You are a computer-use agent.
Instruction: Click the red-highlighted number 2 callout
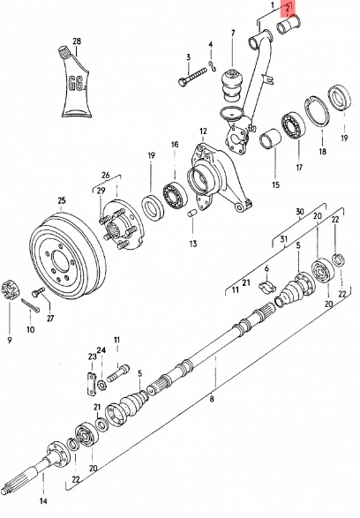pyautogui.click(x=287, y=9)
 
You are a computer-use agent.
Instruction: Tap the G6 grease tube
pyautogui.click(x=75, y=83)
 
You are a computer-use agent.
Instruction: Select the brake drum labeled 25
pyautogui.click(x=67, y=255)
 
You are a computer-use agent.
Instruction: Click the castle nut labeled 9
pyautogui.click(x=9, y=289)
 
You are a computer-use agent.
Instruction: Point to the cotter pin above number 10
pyautogui.click(x=30, y=305)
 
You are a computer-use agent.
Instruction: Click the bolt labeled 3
pyautogui.click(x=192, y=77)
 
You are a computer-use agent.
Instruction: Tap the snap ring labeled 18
pyautogui.click(x=317, y=111)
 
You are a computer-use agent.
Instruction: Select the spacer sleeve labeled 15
pyautogui.click(x=271, y=139)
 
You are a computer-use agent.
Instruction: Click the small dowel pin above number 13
pyautogui.click(x=191, y=214)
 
